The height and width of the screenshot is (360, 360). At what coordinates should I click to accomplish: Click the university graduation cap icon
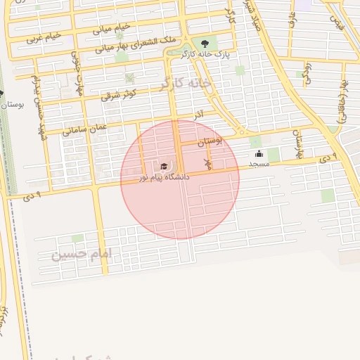pyautogui.click(x=164, y=167)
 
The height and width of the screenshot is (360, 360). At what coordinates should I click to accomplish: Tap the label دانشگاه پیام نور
pyautogui.click(x=165, y=178)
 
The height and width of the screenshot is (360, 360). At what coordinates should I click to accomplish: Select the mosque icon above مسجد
pyautogui.click(x=259, y=153)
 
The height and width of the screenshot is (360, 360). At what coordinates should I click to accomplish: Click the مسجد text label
pyautogui.click(x=259, y=164)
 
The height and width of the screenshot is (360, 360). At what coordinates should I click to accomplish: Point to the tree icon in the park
pyautogui.click(x=205, y=43)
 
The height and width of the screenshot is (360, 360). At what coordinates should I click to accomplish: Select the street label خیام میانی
pyautogui.click(x=112, y=29)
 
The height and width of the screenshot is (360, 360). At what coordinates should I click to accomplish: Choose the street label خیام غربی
pyautogui.click(x=44, y=37)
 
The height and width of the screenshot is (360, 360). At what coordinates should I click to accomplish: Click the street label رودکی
pyautogui.click(x=307, y=70)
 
